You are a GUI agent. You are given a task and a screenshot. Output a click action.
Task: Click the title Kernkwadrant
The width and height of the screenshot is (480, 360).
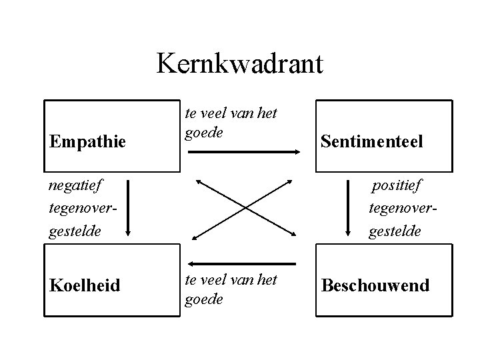(240, 64)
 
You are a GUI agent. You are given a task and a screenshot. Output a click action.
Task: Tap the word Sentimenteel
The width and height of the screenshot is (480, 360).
(371, 141)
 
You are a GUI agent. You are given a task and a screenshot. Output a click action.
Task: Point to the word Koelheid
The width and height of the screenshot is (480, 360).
(85, 285)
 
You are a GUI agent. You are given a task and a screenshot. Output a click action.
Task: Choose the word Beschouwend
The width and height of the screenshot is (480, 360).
(375, 285)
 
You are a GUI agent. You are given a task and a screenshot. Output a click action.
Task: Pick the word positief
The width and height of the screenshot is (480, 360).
(397, 183)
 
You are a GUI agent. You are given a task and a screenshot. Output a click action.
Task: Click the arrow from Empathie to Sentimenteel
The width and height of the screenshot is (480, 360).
(243, 152)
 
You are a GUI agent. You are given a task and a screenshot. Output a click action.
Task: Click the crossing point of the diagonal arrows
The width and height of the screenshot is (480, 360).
(244, 208)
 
